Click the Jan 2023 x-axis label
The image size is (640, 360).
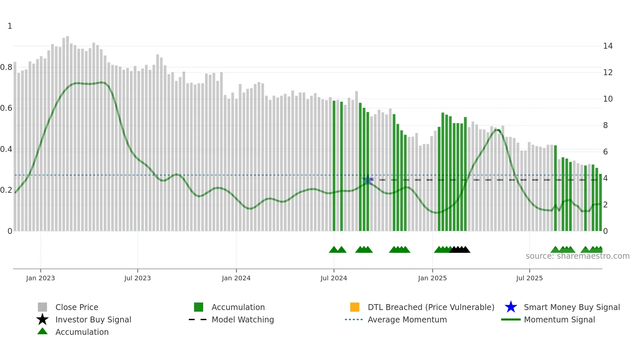coord(40,278)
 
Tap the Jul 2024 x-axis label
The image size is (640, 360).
coord(334,278)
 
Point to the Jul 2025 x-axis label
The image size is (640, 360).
coord(529,278)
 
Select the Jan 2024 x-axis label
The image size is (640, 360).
coord(236,278)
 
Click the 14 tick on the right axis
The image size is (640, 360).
coord(608,46)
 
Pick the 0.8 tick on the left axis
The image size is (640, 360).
coord(7,67)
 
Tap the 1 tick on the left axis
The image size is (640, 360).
coord(10,26)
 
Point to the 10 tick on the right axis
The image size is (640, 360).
coord(608,99)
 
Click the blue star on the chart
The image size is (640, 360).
coord(368,180)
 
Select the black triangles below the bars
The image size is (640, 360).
coord(460,250)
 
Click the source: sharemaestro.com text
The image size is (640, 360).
coord(577,256)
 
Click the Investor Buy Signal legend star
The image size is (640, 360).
coord(42,320)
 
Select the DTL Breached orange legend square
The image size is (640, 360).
coord(355,307)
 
